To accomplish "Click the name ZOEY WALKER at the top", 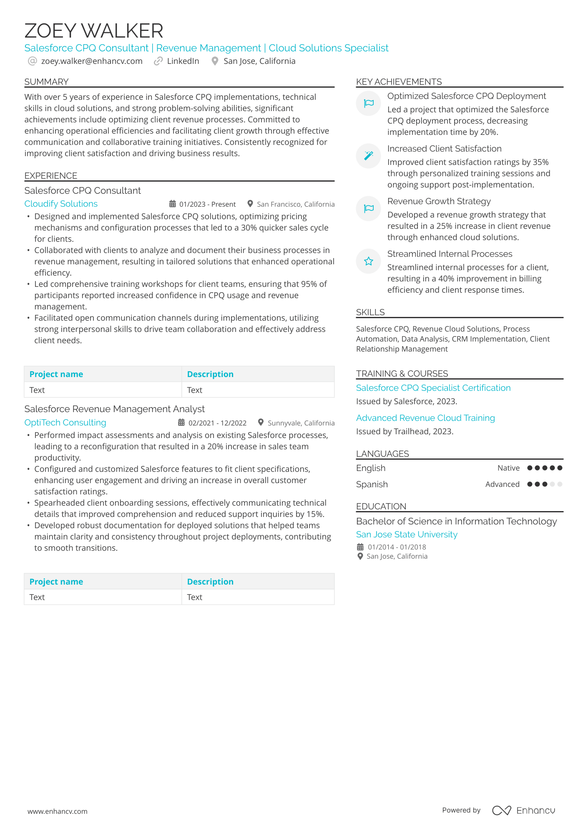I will [93, 31].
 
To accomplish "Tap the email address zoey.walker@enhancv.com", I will [91, 61].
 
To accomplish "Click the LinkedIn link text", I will [183, 61].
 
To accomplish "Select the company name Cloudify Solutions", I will [61, 204].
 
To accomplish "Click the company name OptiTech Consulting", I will [65, 423].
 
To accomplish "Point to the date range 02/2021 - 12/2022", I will [217, 423].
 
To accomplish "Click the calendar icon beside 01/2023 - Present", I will [172, 204].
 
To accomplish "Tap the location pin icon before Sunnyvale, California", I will [261, 422].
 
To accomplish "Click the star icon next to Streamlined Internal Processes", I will [368, 261].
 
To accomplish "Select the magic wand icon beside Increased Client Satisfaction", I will [368, 156].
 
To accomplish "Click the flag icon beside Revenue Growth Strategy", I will [368, 208].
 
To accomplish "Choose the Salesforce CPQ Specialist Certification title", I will [433, 388].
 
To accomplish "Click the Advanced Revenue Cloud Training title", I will [425, 418].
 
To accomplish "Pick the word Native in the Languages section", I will [508, 468].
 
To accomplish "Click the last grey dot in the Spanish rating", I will [560, 484].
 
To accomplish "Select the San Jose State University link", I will [407, 534].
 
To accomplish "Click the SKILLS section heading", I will [370, 312].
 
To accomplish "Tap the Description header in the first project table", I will [210, 374].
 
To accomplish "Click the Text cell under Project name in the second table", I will [37, 597].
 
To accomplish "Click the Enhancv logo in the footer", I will [523, 810].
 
